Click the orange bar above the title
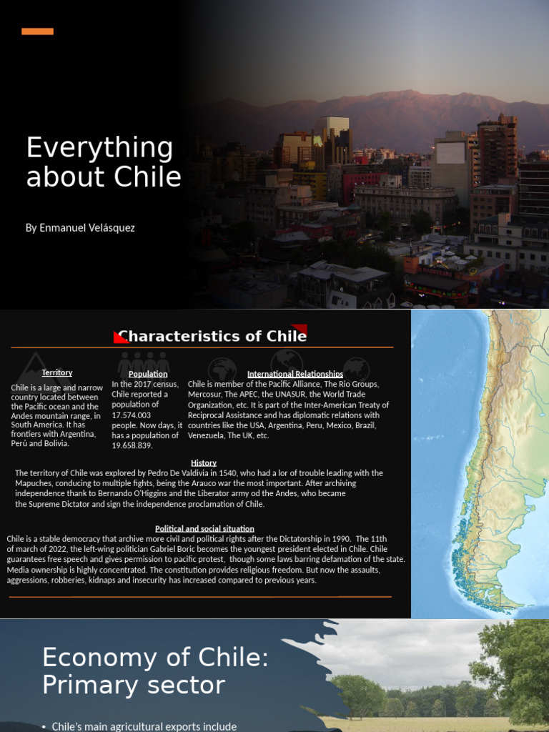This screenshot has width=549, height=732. [x=37, y=31]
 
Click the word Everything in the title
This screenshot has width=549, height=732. [x=99, y=149]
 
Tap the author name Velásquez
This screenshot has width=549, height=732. [x=111, y=227]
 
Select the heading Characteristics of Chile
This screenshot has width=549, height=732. [x=212, y=336]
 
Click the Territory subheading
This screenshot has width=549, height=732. [x=57, y=372]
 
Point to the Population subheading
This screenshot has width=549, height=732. [x=148, y=374]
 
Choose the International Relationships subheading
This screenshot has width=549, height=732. [x=295, y=374]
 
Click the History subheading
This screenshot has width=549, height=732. [x=204, y=463]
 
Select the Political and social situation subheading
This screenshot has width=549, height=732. [x=204, y=529]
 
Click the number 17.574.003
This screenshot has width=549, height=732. [x=132, y=415]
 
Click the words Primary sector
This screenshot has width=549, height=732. [x=134, y=686]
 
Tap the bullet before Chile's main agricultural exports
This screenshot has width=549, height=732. [x=44, y=727]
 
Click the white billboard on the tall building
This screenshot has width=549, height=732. [x=450, y=153]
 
